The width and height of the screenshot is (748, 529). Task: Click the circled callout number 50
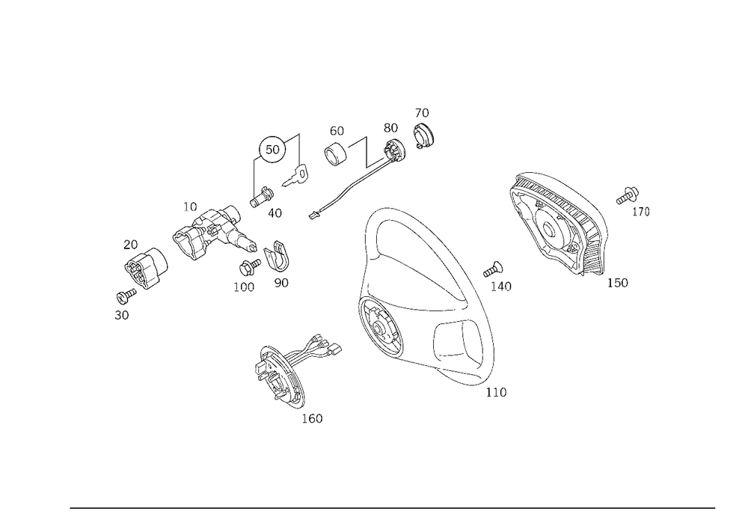point(272,150)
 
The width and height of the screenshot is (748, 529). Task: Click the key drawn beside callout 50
point(295,176)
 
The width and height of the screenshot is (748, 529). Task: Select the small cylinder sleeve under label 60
point(336,153)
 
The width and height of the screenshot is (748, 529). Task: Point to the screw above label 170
point(628,196)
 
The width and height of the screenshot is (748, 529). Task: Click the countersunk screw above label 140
point(493,269)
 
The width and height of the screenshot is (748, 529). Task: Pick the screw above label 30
point(126,296)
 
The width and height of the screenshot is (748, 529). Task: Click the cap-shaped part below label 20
point(146,268)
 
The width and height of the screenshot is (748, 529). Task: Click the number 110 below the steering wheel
point(496,392)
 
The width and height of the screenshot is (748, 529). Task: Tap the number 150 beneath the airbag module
point(617,283)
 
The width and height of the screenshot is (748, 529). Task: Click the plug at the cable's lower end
point(313,216)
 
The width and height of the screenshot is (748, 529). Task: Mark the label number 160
point(312,419)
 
